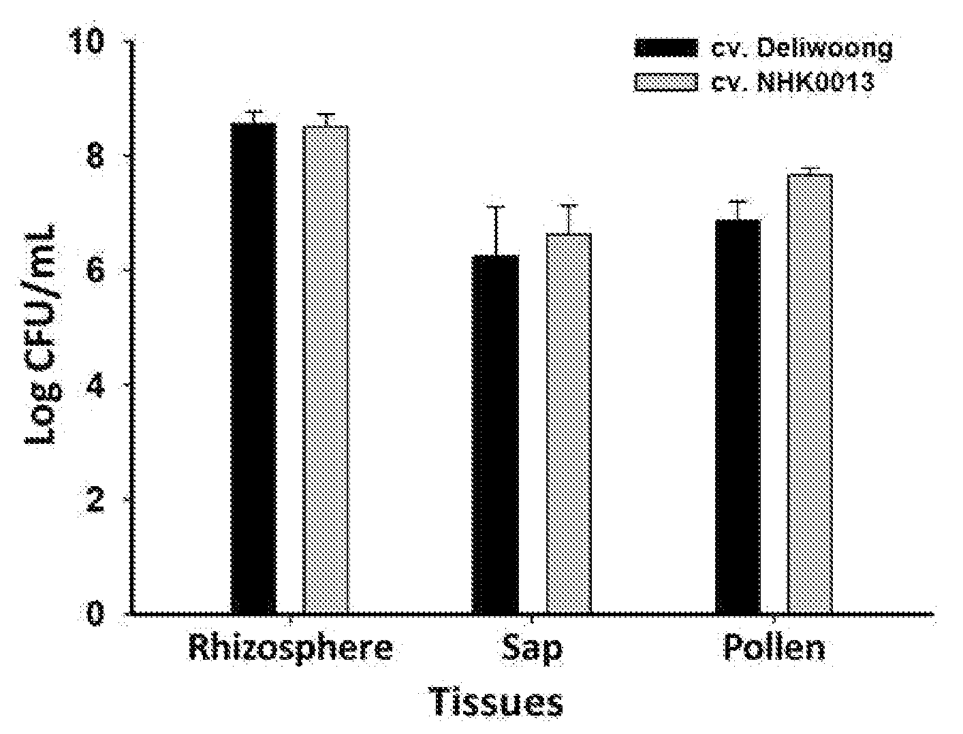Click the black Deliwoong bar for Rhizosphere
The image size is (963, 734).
pyautogui.click(x=253, y=368)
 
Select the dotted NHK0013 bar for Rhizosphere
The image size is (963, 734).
pyautogui.click(x=326, y=370)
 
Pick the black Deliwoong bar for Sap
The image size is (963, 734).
pyautogui.click(x=495, y=434)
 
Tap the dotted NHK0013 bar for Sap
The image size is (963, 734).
pyautogui.click(x=569, y=424)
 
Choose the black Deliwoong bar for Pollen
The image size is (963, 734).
pyautogui.click(x=738, y=417)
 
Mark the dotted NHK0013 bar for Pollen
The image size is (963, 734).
pyautogui.click(x=810, y=394)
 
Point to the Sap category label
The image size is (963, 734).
pyautogui.click(x=532, y=650)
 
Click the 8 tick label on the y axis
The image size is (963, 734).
pyautogui.click(x=95, y=156)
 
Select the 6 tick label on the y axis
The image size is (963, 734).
pyautogui.click(x=95, y=270)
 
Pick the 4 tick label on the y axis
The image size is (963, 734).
pyautogui.click(x=95, y=385)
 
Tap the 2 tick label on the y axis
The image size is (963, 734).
pyautogui.click(x=95, y=500)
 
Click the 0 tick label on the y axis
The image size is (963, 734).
pyautogui.click(x=95, y=614)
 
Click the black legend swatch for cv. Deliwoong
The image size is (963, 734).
pyautogui.click(x=666, y=48)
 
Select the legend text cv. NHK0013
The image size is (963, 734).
pyautogui.click(x=792, y=82)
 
